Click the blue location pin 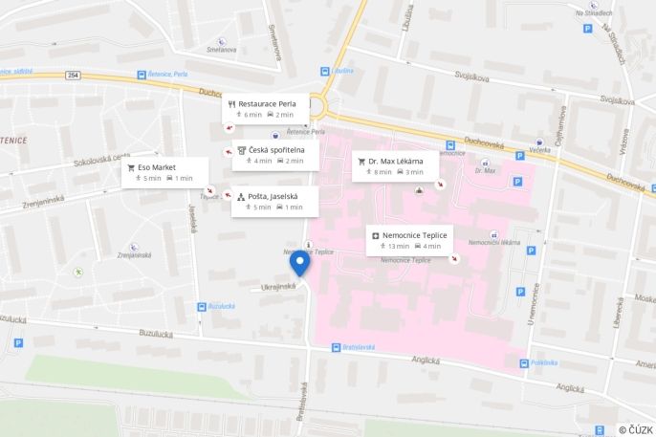tap(299, 262)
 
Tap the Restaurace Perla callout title tap(267, 103)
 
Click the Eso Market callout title tap(158, 167)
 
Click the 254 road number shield tap(74, 75)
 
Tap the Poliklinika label tap(543, 362)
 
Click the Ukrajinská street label tap(278, 286)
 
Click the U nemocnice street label tap(531, 312)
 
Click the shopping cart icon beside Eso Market tap(131, 167)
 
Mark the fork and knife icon tap(231, 103)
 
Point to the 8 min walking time tap(383, 172)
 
